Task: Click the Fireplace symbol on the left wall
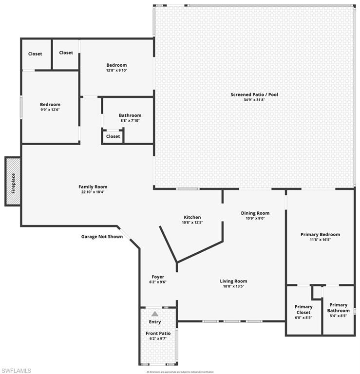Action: (x=13, y=182)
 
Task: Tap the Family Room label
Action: (x=93, y=187)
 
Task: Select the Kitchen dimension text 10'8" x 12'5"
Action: (x=192, y=223)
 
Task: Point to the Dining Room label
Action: (x=255, y=213)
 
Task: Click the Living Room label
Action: (x=233, y=281)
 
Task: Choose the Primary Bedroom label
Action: (x=320, y=234)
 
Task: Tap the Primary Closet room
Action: (x=303, y=312)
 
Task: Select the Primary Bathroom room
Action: (x=338, y=310)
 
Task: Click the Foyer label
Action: (x=157, y=277)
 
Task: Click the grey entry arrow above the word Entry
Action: (x=155, y=314)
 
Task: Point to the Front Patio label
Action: (x=158, y=333)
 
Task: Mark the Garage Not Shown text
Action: (x=102, y=237)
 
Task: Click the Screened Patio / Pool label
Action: (x=254, y=94)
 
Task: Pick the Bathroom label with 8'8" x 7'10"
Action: (x=130, y=115)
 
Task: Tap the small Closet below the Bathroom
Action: (x=113, y=136)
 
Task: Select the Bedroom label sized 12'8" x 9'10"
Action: (x=116, y=65)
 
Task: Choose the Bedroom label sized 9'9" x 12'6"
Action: (x=50, y=104)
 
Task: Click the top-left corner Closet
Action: (x=35, y=54)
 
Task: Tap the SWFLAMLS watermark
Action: (x=17, y=371)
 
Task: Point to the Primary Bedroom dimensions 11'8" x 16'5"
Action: (x=320, y=240)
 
